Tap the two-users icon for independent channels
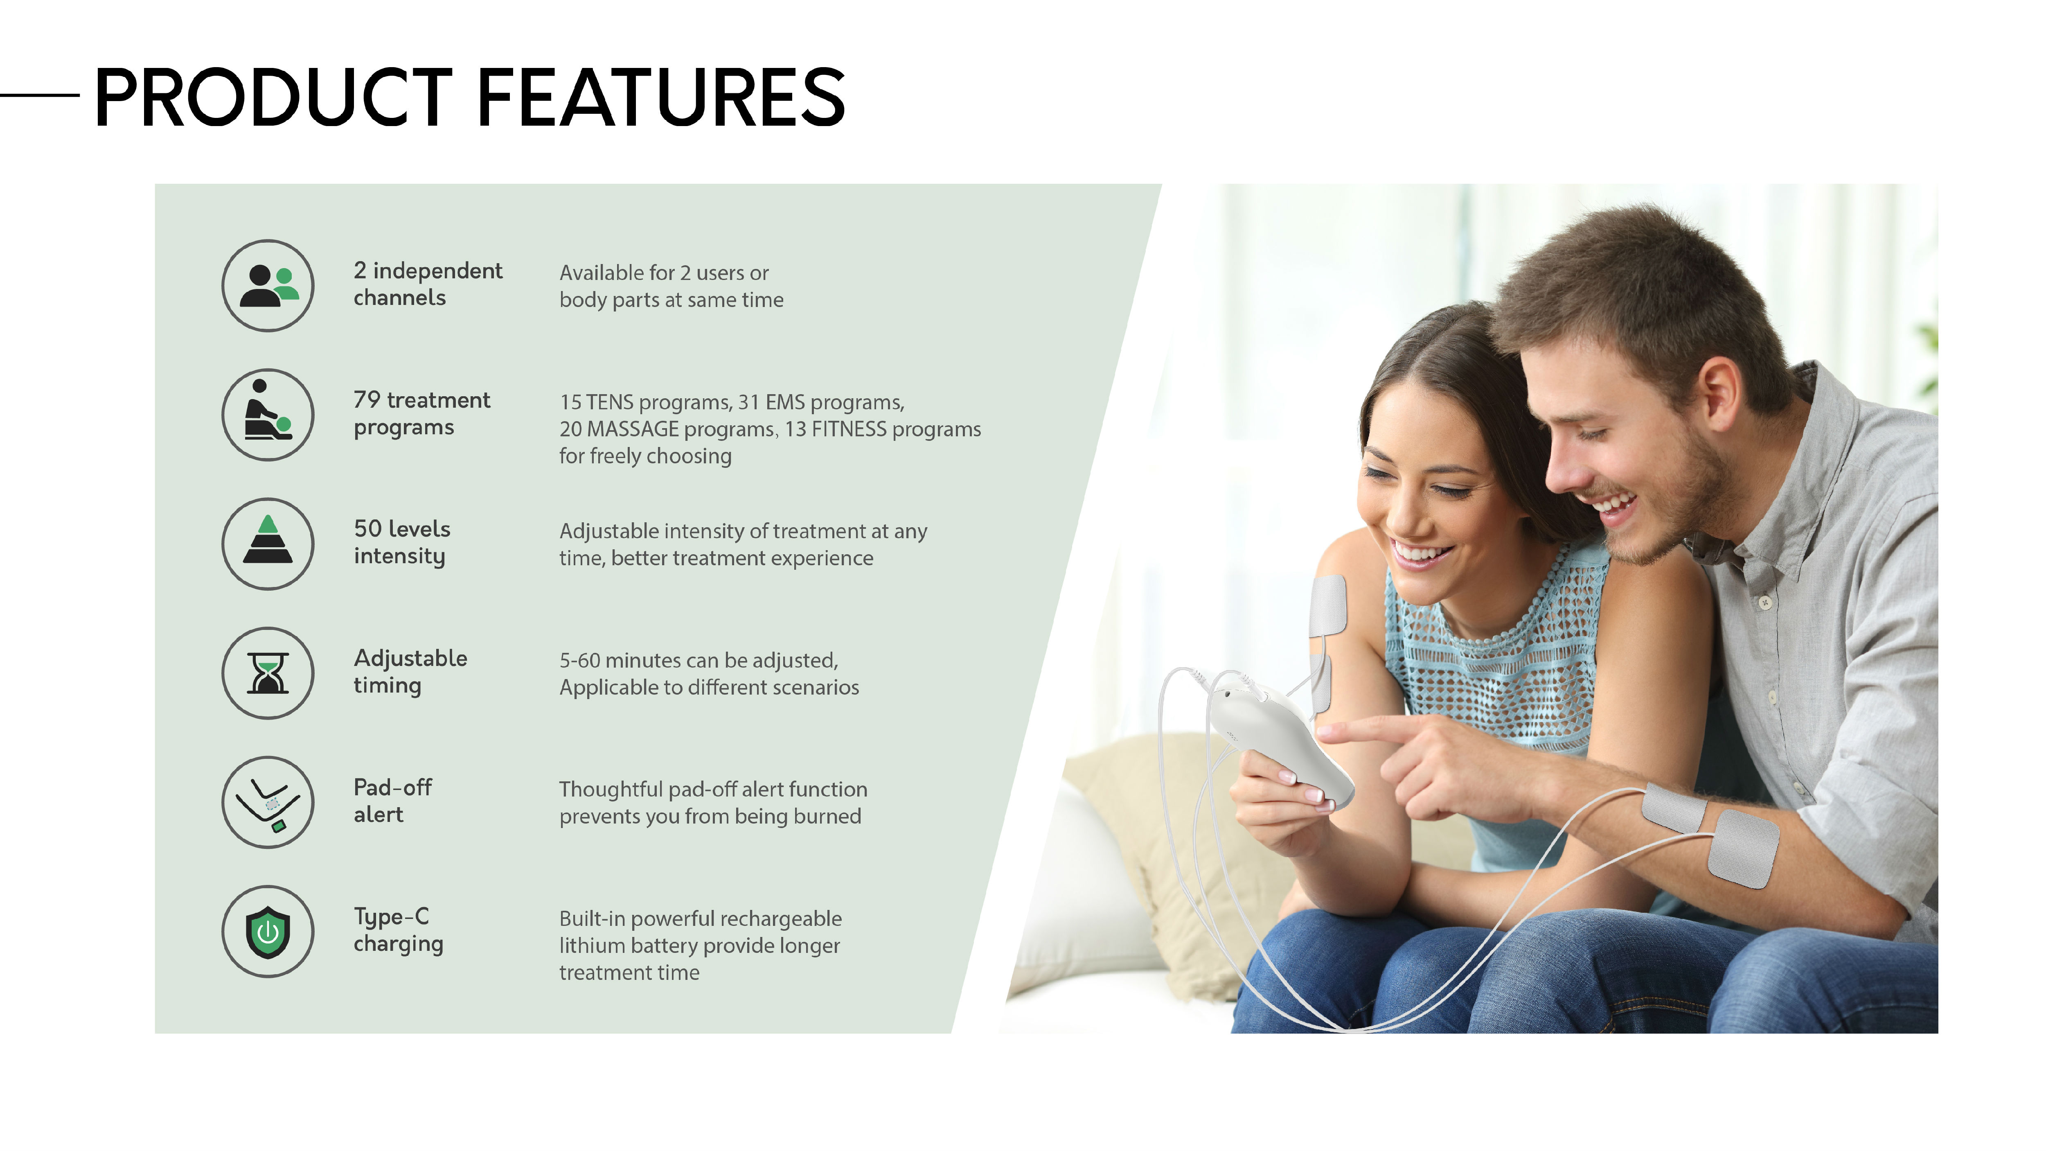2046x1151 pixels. click(x=268, y=286)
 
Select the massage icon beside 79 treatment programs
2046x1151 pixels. click(x=268, y=415)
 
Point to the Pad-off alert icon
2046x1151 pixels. click(x=268, y=802)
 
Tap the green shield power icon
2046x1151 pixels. click(x=268, y=932)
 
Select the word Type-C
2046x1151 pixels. click(x=392, y=917)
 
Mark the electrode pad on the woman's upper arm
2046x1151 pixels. click(x=1327, y=608)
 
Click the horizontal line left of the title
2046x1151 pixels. click(x=40, y=95)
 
